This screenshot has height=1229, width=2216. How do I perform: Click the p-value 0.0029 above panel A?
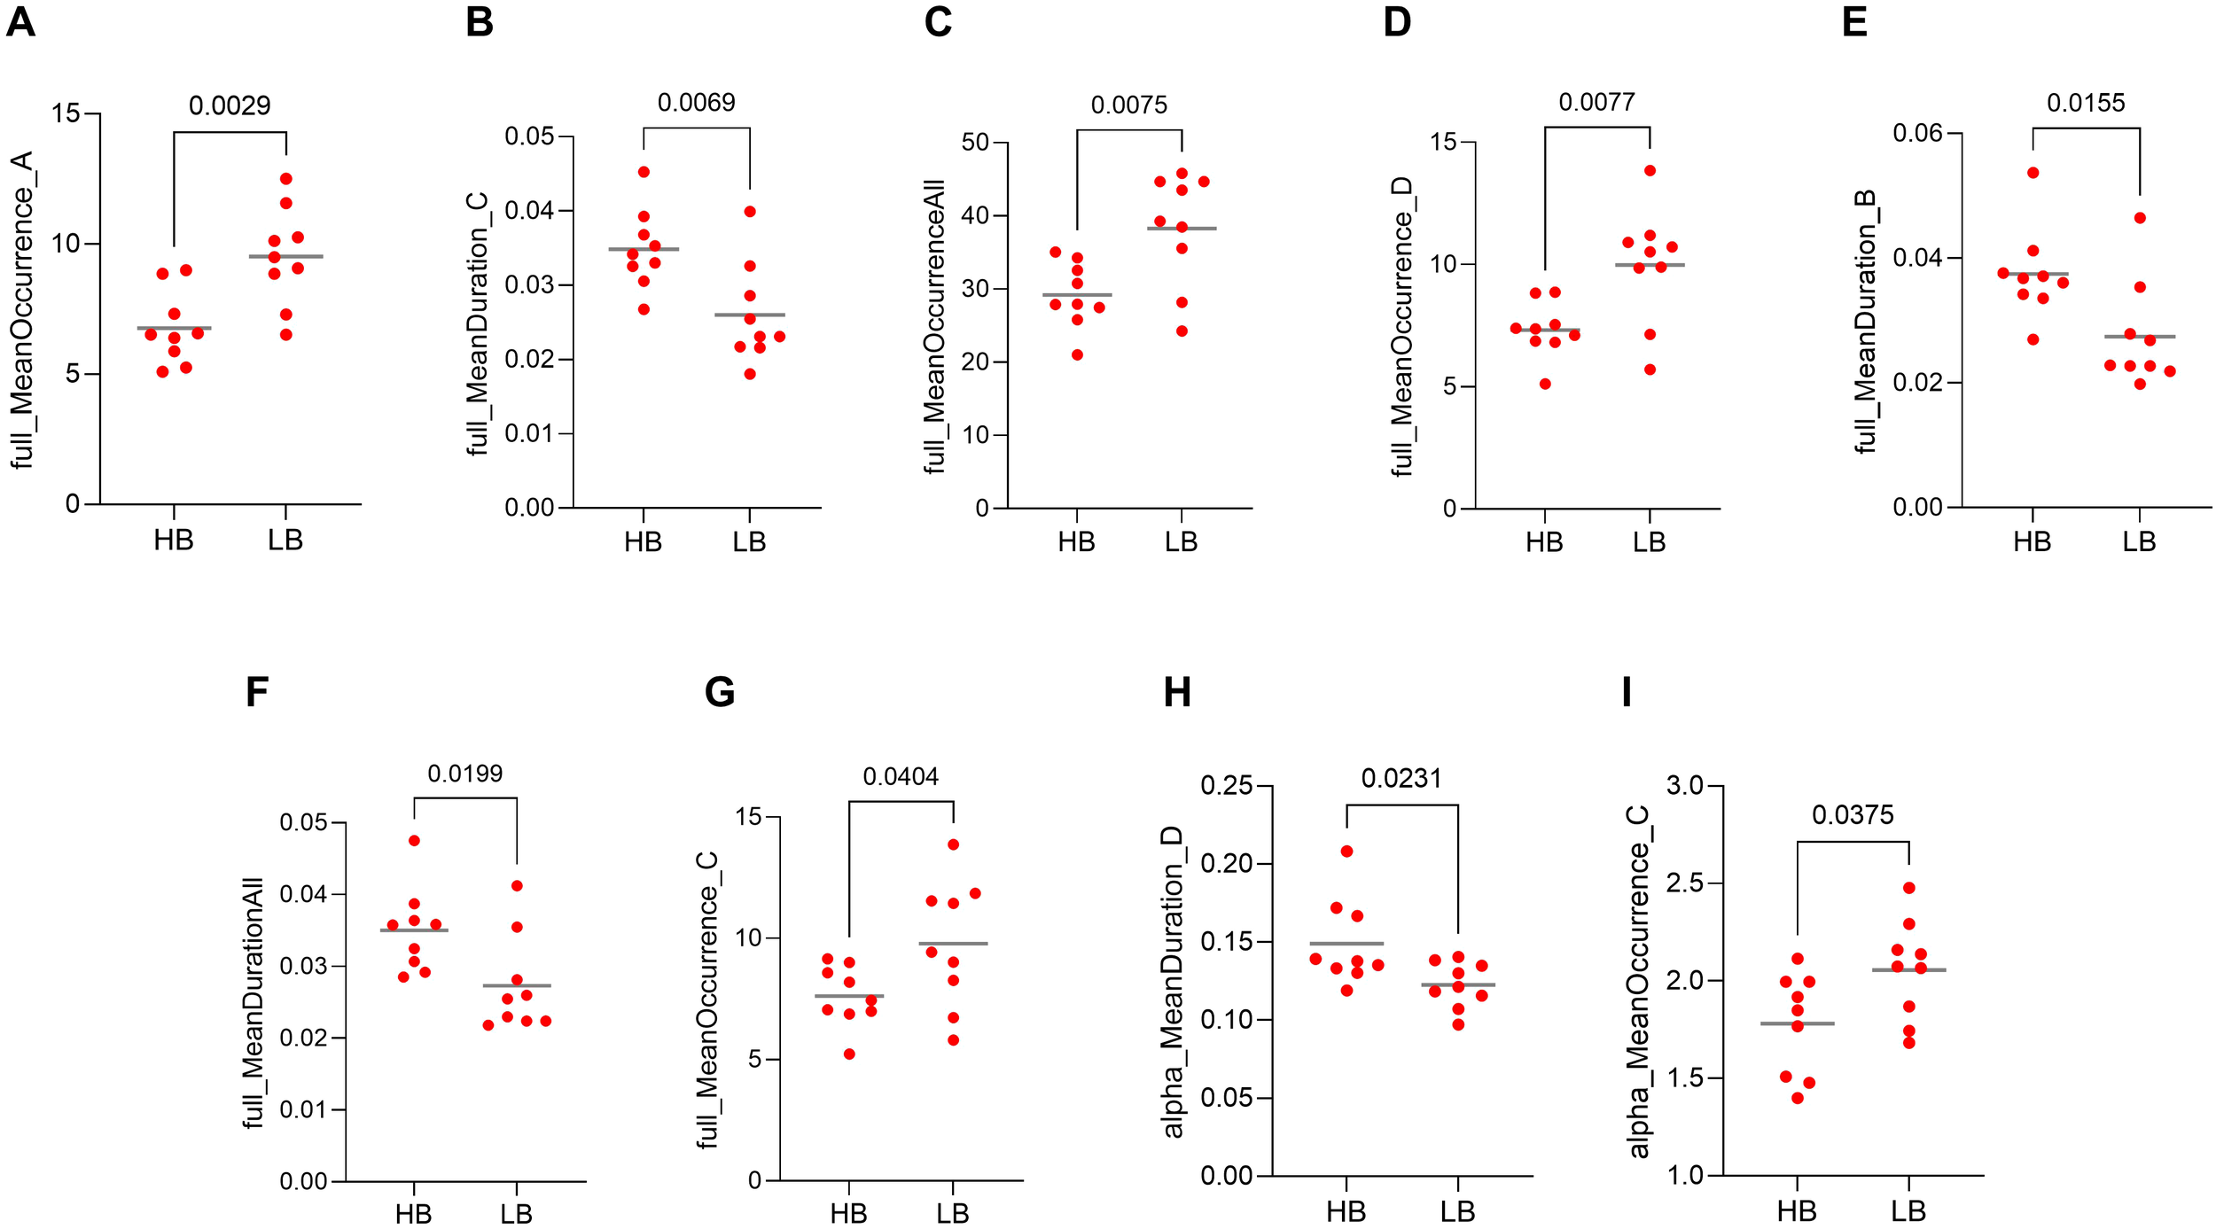[x=230, y=105]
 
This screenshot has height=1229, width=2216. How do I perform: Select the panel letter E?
[x=1854, y=21]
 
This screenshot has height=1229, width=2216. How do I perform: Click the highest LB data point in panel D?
[x=1650, y=170]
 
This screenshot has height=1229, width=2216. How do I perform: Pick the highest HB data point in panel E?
[x=2033, y=173]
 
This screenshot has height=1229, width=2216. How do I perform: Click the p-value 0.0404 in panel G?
[x=901, y=777]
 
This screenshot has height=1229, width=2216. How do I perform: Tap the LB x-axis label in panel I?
[x=1908, y=1210]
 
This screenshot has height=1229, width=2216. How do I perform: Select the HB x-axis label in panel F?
[x=413, y=1213]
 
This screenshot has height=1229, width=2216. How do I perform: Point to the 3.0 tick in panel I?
[x=1684, y=786]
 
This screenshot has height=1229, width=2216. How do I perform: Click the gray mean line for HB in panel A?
[x=174, y=328]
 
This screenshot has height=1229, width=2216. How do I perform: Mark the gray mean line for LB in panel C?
[x=1182, y=229]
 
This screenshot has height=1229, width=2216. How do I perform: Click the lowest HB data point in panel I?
[x=1798, y=1098]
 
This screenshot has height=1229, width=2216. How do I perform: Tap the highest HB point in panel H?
[x=1346, y=852]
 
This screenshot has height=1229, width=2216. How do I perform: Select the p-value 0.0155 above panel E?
[x=2086, y=103]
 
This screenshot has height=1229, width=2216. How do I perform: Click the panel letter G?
[x=719, y=692]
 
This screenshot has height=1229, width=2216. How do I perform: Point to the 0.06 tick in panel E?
[x=1917, y=134]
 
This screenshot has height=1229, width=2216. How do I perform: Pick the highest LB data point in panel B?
[x=750, y=212]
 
